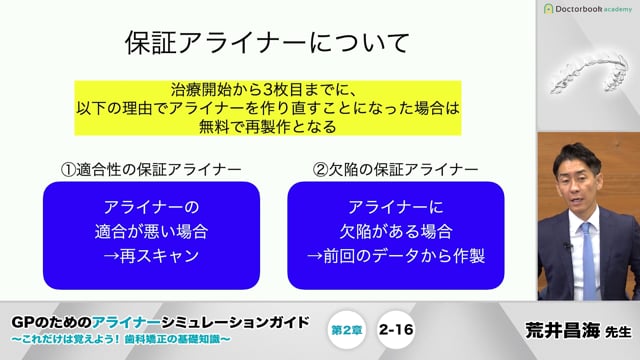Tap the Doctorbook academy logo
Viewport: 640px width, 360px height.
(590, 9)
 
